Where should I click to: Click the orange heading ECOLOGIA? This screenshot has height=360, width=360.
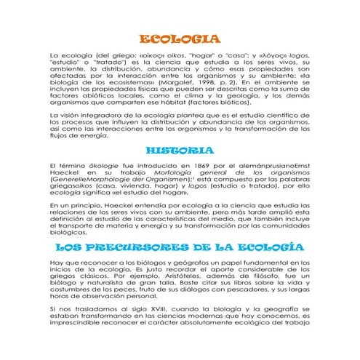pyautogui.click(x=179, y=39)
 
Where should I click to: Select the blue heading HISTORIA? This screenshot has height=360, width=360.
pyautogui.click(x=179, y=151)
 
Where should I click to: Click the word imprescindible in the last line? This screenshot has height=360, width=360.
pyautogui.click(x=73, y=324)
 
